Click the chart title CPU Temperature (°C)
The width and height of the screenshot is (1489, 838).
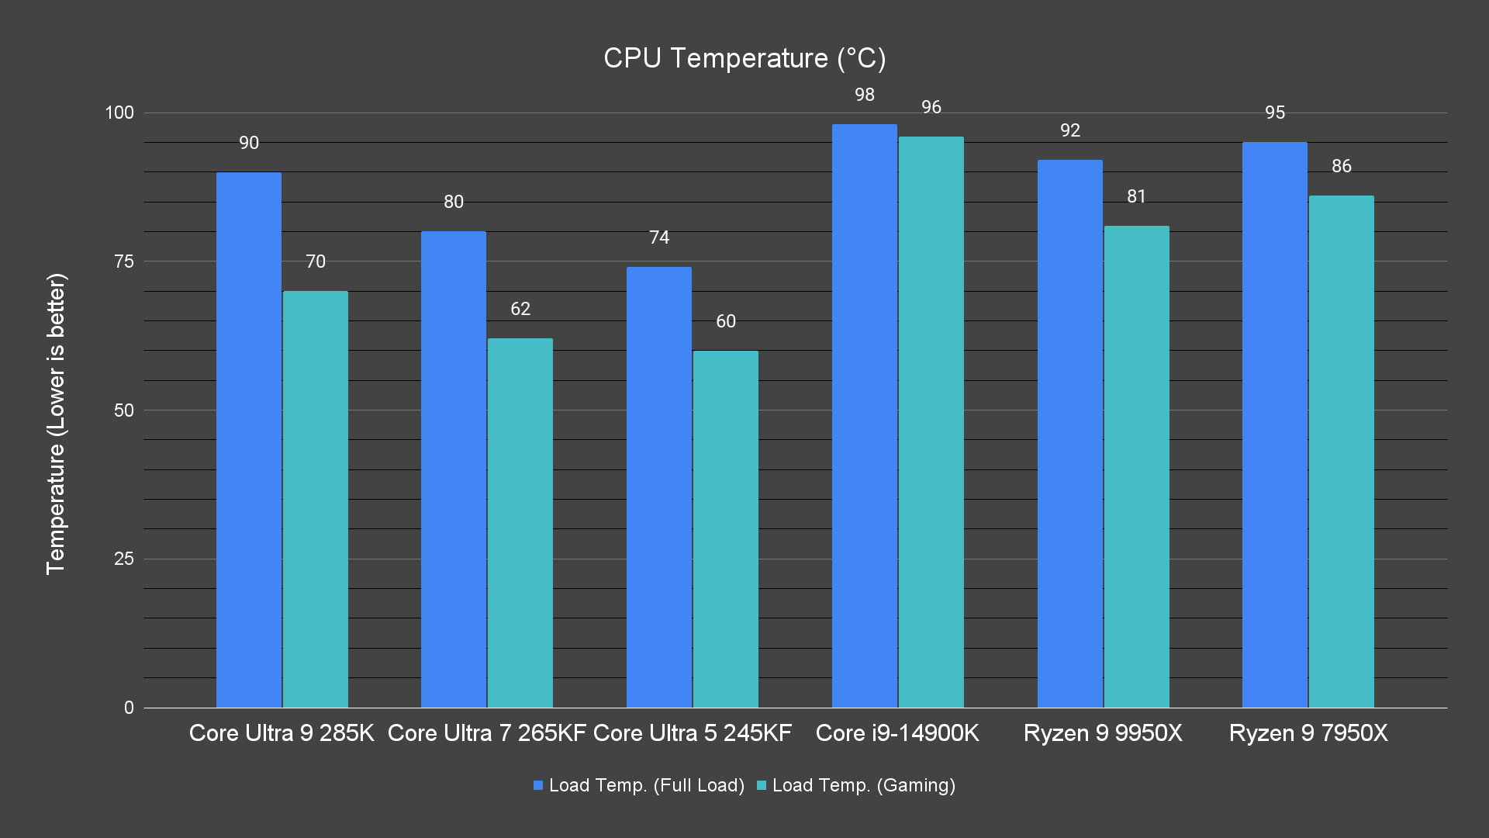coord(744,58)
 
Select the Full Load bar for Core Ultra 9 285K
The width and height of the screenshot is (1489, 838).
coord(248,439)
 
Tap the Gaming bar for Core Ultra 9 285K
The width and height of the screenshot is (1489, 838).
coord(315,499)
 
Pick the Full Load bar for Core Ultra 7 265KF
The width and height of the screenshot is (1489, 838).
coord(454,469)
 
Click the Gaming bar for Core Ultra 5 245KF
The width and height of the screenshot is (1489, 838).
coord(725,528)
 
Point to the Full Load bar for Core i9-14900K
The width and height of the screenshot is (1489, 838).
coord(864,415)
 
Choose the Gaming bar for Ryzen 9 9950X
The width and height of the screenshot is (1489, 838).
coord(1136,466)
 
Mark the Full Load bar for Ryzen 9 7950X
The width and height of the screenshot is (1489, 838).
coord(1274,424)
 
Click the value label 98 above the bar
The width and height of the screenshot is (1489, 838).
coord(864,95)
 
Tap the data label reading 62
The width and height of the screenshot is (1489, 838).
coord(520,309)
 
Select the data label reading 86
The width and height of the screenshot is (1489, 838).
coord(1341,166)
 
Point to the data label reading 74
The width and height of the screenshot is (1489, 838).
coord(659,237)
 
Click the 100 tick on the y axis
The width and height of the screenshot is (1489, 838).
coord(119,113)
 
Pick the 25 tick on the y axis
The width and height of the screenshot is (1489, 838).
coord(124,559)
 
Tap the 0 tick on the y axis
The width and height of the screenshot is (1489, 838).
coord(129,708)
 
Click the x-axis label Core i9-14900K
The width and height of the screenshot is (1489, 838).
coord(897,733)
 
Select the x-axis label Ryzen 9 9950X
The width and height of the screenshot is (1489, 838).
coord(1103,733)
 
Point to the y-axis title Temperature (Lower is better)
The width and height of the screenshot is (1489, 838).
coord(56,424)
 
